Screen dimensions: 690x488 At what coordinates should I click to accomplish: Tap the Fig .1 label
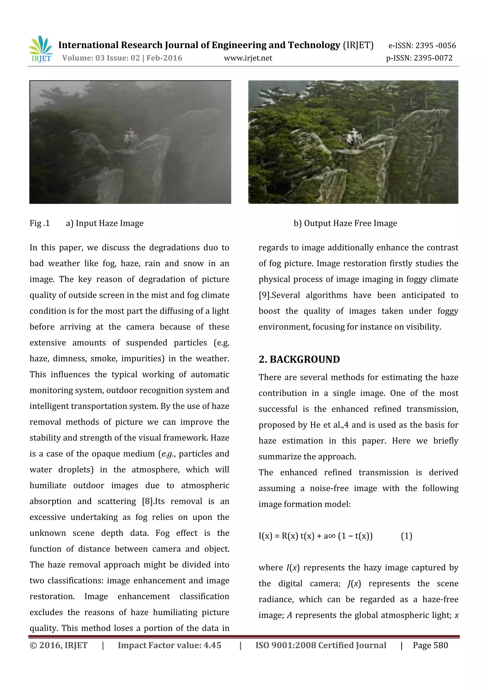(x=39, y=223)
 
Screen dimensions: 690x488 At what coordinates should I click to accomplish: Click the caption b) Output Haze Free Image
(x=345, y=223)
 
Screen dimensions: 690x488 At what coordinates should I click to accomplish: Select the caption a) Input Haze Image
(x=105, y=223)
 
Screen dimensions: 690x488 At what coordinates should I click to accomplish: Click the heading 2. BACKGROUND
(x=299, y=360)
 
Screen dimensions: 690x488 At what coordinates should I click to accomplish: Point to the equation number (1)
(x=406, y=536)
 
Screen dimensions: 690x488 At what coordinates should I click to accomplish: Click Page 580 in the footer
(x=430, y=645)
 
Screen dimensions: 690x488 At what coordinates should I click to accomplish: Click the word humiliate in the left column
(x=48, y=485)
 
